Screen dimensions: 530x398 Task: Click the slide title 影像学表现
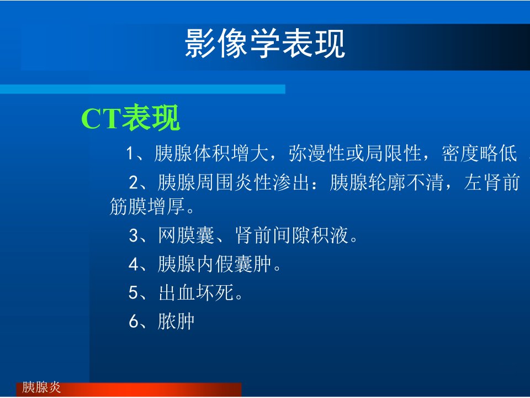click(264, 43)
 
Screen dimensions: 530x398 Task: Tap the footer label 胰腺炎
click(41, 387)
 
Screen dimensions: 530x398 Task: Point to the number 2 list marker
click(134, 183)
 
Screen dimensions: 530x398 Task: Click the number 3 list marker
click(134, 235)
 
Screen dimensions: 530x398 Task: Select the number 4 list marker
click(134, 264)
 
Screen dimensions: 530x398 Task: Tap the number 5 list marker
click(134, 292)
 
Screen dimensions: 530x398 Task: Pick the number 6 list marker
click(134, 321)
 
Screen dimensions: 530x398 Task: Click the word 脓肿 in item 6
click(176, 321)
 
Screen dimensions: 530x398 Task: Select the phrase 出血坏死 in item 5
click(196, 292)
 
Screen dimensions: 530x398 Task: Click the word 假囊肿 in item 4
click(243, 264)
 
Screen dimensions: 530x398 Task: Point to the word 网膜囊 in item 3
click(186, 235)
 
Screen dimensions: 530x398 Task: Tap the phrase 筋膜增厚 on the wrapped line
click(147, 206)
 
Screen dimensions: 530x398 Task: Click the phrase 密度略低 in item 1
click(479, 153)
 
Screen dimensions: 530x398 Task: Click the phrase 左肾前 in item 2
click(492, 182)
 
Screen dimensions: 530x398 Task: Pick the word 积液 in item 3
click(330, 235)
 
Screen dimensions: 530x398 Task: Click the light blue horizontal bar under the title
click(142, 89)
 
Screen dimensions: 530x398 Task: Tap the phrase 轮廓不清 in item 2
click(406, 182)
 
